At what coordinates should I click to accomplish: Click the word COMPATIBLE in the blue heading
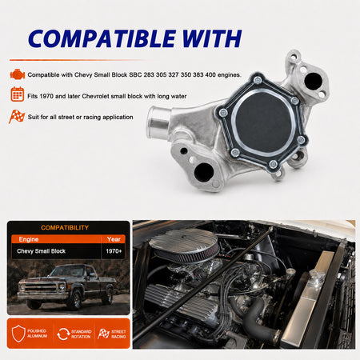tap(102, 38)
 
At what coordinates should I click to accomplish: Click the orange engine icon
tap(18, 74)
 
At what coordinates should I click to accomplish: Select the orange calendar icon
tap(18, 94)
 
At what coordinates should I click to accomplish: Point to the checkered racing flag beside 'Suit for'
tap(17, 116)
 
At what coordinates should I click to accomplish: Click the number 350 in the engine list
tap(186, 75)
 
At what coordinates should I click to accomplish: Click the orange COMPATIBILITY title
tap(65, 227)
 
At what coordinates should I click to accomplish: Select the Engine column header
tap(29, 239)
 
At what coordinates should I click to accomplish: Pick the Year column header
tap(114, 239)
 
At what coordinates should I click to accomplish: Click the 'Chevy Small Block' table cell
tap(41, 251)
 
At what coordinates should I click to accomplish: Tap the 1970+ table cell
tap(114, 251)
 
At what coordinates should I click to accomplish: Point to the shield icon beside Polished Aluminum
tap(18, 334)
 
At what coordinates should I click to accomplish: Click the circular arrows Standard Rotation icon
tap(63, 334)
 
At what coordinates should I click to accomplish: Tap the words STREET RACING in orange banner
tap(118, 334)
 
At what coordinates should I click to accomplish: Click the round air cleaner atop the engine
tap(184, 246)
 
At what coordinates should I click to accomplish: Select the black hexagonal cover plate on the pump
tap(262, 122)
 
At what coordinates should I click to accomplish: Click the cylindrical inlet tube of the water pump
tap(158, 122)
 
